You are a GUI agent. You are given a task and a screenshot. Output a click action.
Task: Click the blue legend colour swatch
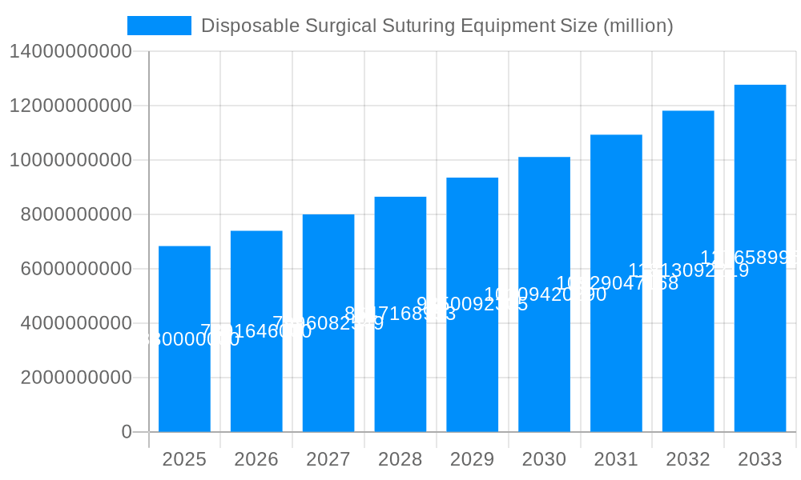[x=159, y=26]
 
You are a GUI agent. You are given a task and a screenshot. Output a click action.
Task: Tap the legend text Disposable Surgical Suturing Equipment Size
[x=437, y=26]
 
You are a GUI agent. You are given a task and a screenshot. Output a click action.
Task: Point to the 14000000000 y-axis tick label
[x=70, y=51]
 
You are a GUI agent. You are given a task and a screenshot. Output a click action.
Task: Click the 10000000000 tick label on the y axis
[x=70, y=160]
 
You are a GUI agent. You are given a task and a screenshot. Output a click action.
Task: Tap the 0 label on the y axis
[x=127, y=432]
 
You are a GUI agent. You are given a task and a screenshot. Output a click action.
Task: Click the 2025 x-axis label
[x=184, y=459]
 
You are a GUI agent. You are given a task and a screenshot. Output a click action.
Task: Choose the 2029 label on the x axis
[x=473, y=459]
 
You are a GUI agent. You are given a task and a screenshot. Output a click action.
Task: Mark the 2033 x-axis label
[x=760, y=459]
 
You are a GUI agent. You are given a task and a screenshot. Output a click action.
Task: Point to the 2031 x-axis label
[x=616, y=459]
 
